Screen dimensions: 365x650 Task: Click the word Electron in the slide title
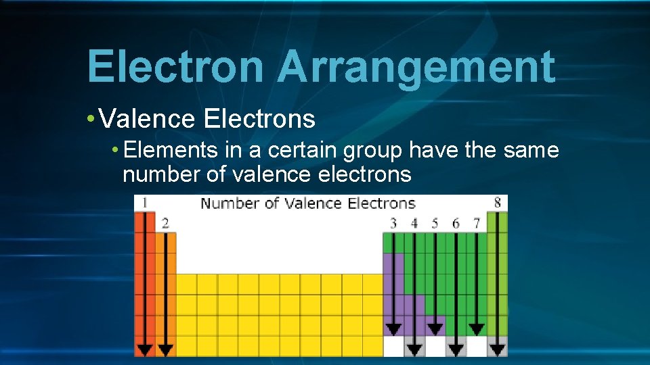175,67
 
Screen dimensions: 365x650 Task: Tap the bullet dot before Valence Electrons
91,119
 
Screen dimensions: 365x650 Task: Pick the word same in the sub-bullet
531,149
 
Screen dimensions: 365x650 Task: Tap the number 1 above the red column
144,203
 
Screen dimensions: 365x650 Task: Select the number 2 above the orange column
165,223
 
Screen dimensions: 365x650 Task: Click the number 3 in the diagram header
393,223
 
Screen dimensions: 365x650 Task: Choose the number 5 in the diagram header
435,223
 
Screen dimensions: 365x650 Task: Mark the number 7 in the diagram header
476,223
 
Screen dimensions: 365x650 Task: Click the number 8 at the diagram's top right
498,203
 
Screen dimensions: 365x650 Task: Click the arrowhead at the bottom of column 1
144,349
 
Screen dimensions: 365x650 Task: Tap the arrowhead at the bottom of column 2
165,349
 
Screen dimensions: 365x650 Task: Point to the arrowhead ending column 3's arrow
393,329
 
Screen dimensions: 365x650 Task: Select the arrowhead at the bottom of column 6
456,349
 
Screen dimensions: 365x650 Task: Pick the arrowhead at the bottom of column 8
498,349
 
